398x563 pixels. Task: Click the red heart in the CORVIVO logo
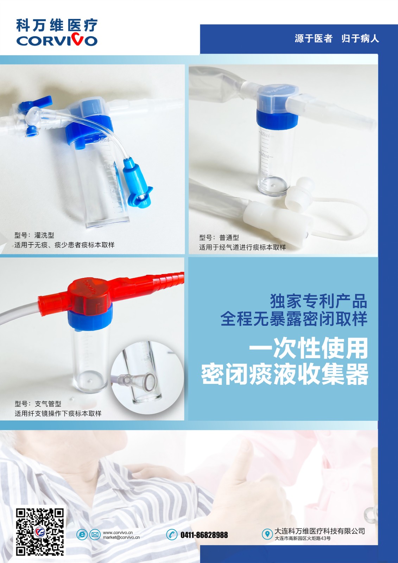[x=78, y=39]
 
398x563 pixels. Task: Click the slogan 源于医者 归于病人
[x=337, y=39]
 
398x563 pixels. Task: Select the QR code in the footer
[x=40, y=532]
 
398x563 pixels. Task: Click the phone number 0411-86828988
[x=204, y=535]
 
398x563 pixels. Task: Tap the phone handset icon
[x=172, y=534]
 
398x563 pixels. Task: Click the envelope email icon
[x=95, y=534]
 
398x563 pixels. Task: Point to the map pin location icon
[x=267, y=534]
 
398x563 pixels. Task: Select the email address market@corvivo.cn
[x=121, y=538]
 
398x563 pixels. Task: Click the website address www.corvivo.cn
[x=118, y=532]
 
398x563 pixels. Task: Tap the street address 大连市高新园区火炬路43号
[x=303, y=538]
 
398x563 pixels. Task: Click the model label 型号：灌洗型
[x=34, y=235]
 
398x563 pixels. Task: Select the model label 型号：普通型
[x=219, y=238]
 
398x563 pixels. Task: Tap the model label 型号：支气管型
[x=38, y=404]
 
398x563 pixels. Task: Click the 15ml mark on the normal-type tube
[x=265, y=134]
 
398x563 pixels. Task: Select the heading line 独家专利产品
[x=318, y=301]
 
